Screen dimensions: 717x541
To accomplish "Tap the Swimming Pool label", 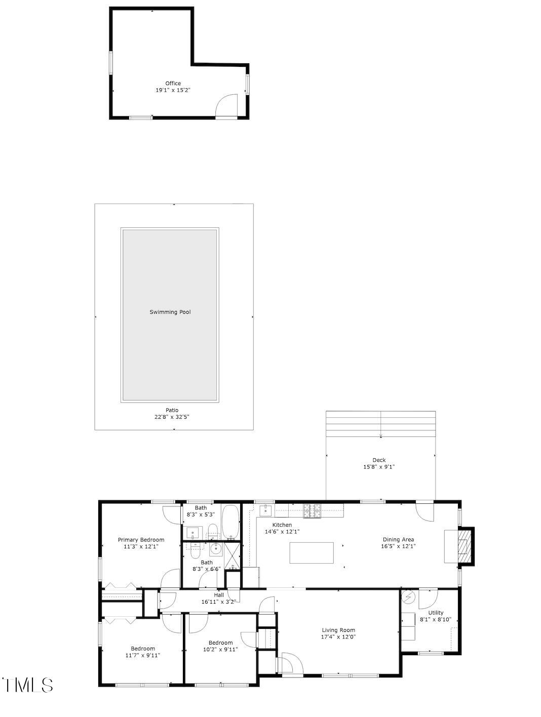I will [170, 312].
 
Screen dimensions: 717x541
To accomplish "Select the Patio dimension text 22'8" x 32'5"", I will [172, 417].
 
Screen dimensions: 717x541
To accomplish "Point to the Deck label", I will [379, 460].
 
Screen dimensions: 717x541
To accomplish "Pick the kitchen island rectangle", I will [312, 553].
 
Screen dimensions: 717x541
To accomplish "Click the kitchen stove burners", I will [313, 511].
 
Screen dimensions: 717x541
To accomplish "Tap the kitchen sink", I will [266, 510].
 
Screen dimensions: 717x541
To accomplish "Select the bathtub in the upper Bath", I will [230, 522].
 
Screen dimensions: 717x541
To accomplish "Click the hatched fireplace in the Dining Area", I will [463, 546].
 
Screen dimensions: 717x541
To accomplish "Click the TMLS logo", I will [27, 685].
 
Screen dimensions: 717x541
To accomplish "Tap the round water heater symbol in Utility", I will [408, 599].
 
